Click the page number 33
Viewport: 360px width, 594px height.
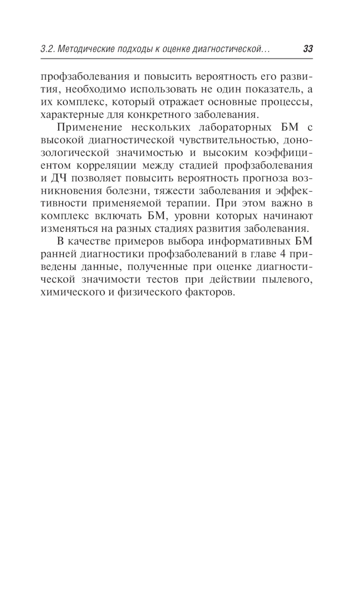click(308, 49)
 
